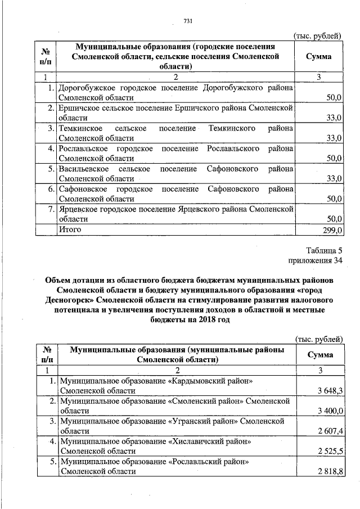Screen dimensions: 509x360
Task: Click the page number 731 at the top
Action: tap(188, 21)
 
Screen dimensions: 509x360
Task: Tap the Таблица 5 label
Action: tap(324, 250)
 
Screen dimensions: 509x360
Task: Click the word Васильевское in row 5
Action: tap(83, 169)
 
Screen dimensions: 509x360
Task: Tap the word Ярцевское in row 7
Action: tap(77, 209)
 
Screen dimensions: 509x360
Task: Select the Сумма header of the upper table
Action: tap(318, 57)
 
